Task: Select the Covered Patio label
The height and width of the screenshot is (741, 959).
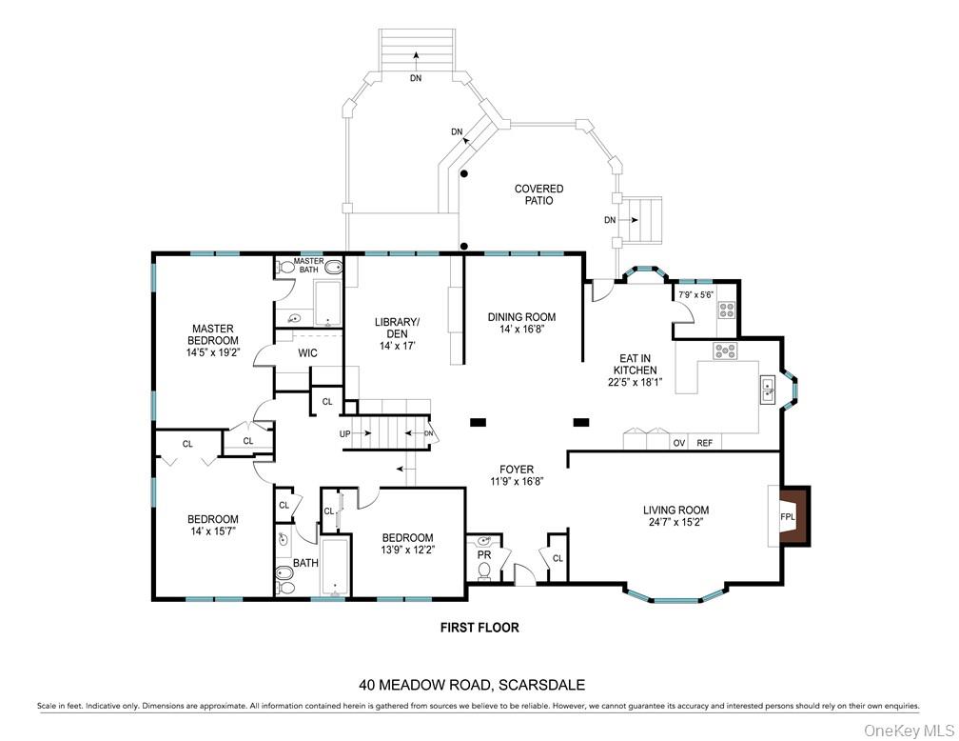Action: tap(538, 194)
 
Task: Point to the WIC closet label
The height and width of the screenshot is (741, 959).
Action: tap(307, 353)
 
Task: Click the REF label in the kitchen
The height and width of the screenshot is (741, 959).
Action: tap(704, 443)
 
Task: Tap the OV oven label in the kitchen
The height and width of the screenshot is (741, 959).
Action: tap(679, 443)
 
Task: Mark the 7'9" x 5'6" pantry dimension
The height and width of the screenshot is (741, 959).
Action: tap(695, 295)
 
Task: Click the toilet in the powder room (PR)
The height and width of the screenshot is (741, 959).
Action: tap(483, 571)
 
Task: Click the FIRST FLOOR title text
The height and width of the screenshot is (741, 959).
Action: tap(479, 628)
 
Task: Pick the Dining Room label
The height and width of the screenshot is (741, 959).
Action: tap(521, 317)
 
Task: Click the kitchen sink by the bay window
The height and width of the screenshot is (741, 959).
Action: tap(767, 390)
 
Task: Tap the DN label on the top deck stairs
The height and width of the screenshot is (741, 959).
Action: tap(416, 78)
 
